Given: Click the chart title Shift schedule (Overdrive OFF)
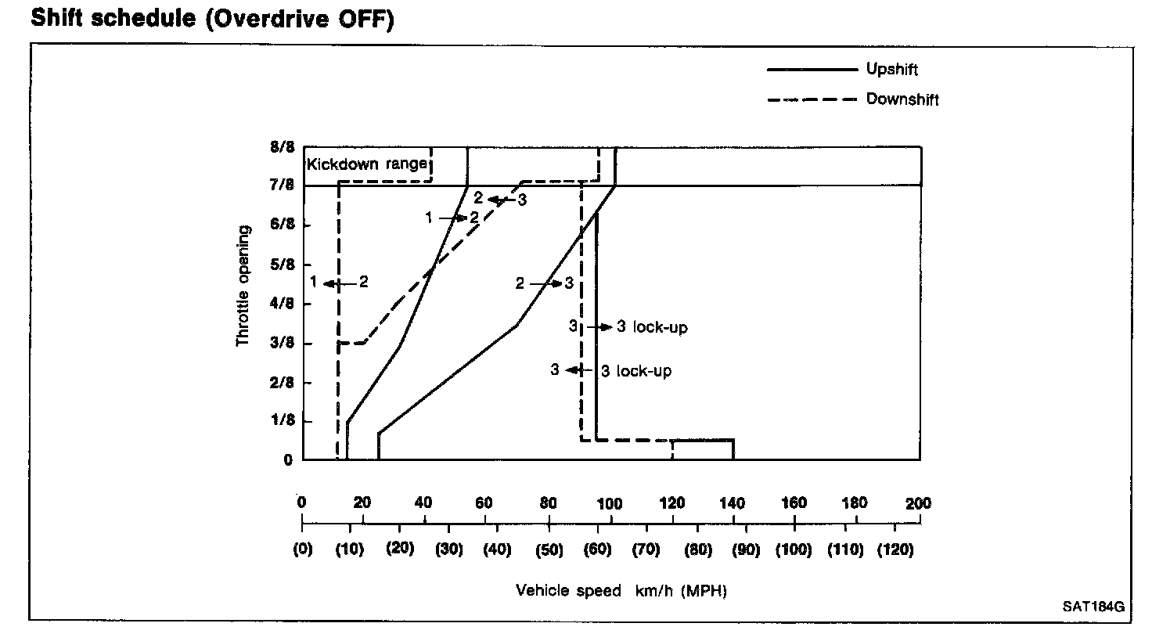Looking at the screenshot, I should pyautogui.click(x=211, y=19).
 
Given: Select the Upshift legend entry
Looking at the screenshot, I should pyautogui.click(x=891, y=69).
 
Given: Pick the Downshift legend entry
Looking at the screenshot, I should pyautogui.click(x=902, y=99).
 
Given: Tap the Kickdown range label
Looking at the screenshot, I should pyautogui.click(x=367, y=164).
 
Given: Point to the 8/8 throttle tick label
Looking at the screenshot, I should pyautogui.click(x=283, y=147).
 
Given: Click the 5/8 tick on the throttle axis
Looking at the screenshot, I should pyautogui.click(x=283, y=265).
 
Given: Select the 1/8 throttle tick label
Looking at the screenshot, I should pyautogui.click(x=283, y=421).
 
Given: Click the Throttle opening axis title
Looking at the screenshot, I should pyautogui.click(x=243, y=286).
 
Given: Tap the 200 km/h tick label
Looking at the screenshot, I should pyautogui.click(x=918, y=503).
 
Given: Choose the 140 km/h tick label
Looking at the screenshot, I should pyautogui.click(x=733, y=503).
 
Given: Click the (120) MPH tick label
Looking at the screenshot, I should pyautogui.click(x=894, y=550).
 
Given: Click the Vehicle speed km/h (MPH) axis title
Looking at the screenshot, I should pyautogui.click(x=621, y=591).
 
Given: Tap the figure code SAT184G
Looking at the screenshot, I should pyautogui.click(x=1093, y=607).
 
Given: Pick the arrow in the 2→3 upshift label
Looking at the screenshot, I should pyautogui.click(x=544, y=284).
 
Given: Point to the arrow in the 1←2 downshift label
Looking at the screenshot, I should pyautogui.click(x=338, y=283).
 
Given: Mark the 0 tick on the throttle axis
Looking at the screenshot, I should pyautogui.click(x=288, y=460).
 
